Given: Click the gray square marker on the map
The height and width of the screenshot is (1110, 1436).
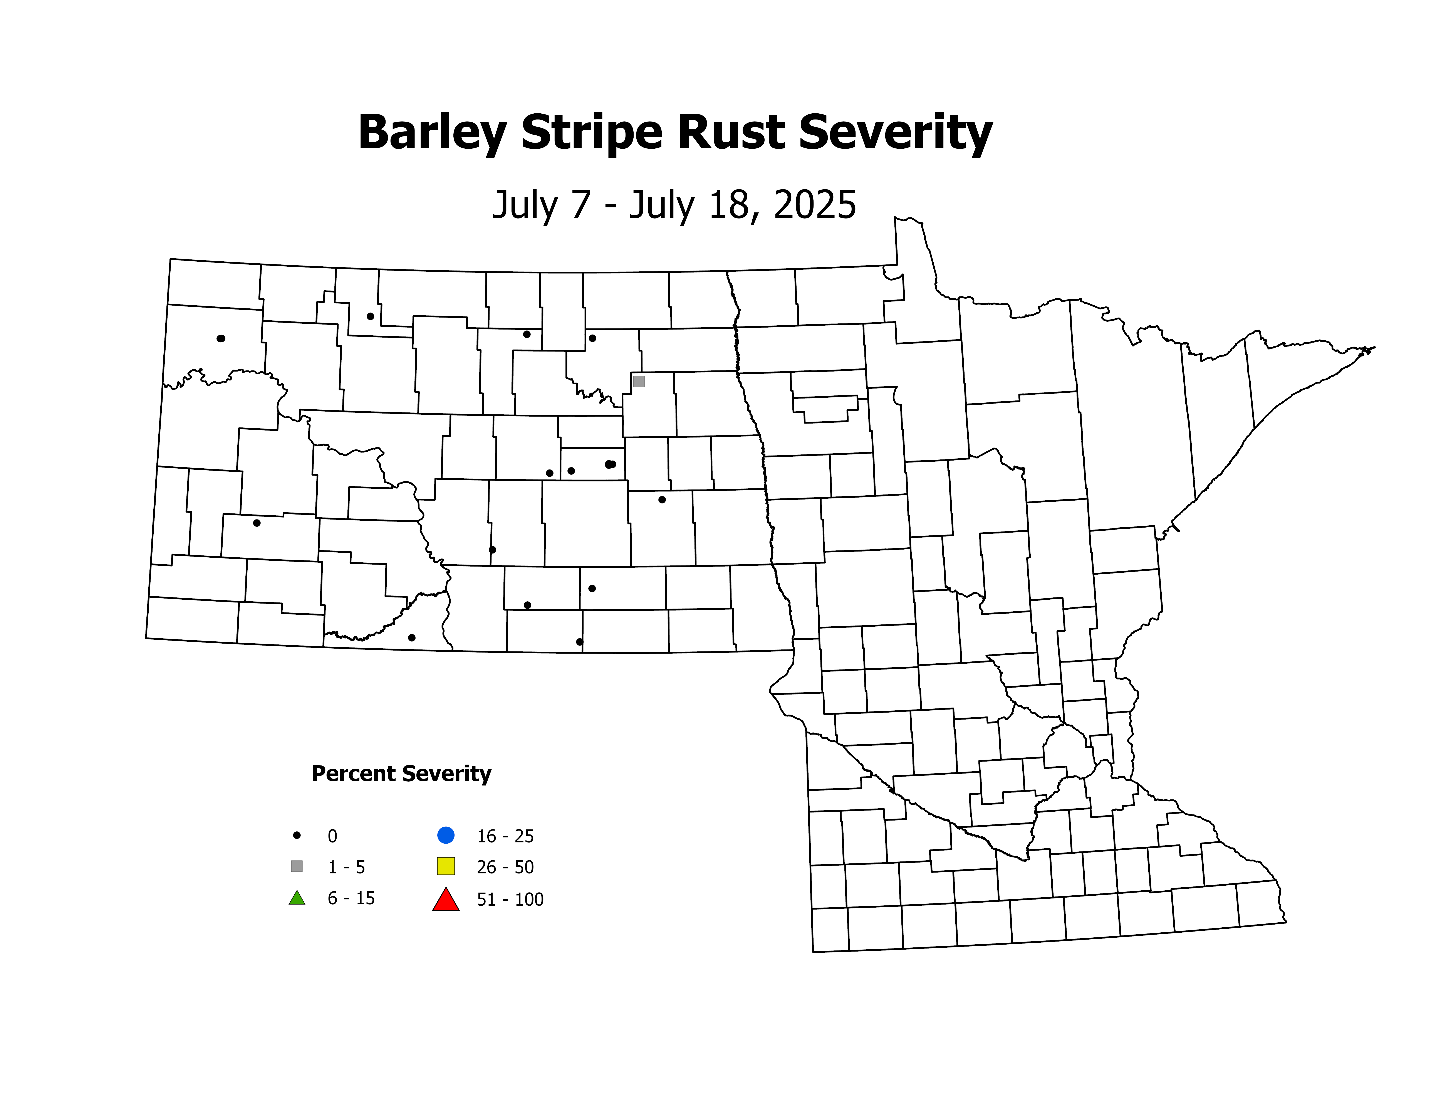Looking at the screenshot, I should tap(638, 381).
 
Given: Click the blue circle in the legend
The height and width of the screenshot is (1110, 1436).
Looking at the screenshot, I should tap(446, 835).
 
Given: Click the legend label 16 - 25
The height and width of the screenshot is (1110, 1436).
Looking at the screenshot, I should tap(505, 836).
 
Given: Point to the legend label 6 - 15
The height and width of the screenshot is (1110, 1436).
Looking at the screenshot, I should tap(351, 898).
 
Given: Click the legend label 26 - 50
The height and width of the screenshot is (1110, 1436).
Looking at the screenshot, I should tap(505, 867).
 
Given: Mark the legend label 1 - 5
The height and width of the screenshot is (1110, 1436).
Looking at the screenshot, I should tap(347, 867).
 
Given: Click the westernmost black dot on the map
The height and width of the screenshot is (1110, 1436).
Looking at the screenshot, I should tap(221, 339).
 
